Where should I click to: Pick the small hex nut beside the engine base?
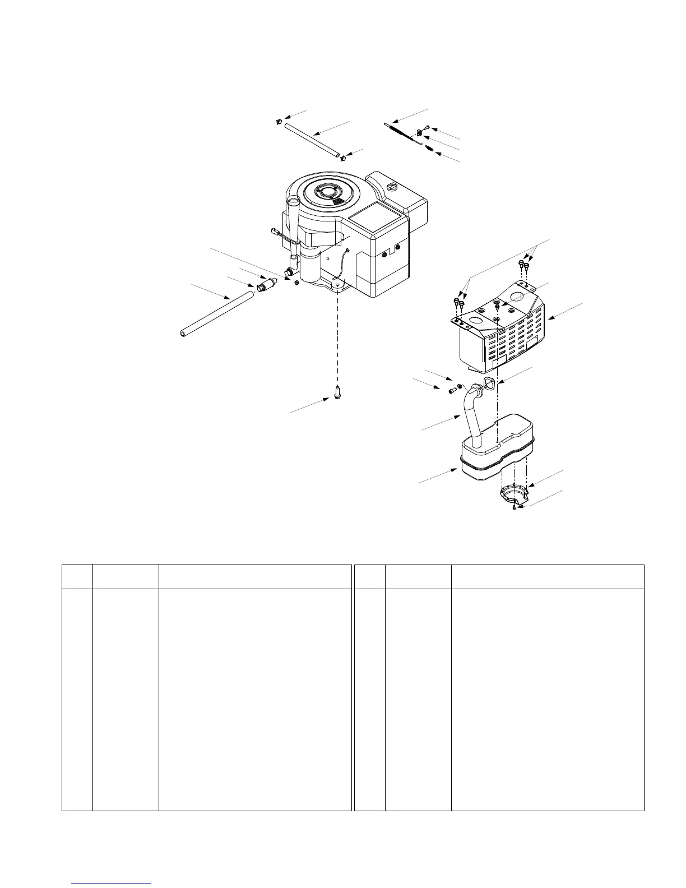click(296, 282)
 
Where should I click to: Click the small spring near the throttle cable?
click(428, 148)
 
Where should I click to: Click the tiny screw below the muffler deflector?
click(514, 507)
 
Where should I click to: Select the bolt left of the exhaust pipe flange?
click(452, 391)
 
